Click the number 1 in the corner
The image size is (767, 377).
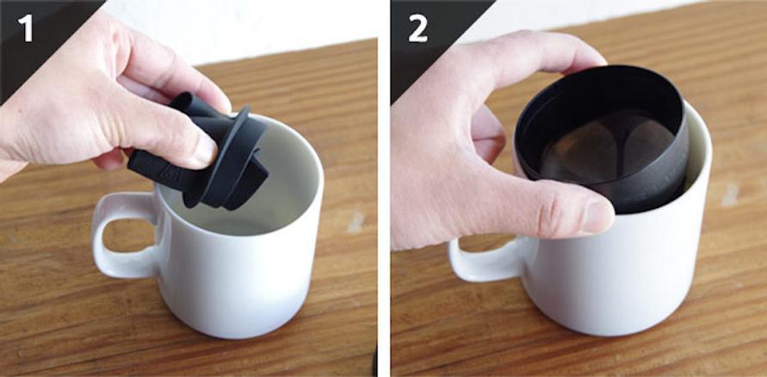26,28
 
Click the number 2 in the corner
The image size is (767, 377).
418,29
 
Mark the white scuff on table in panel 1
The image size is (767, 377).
356,221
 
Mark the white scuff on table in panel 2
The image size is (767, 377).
729,195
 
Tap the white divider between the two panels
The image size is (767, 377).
384,188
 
